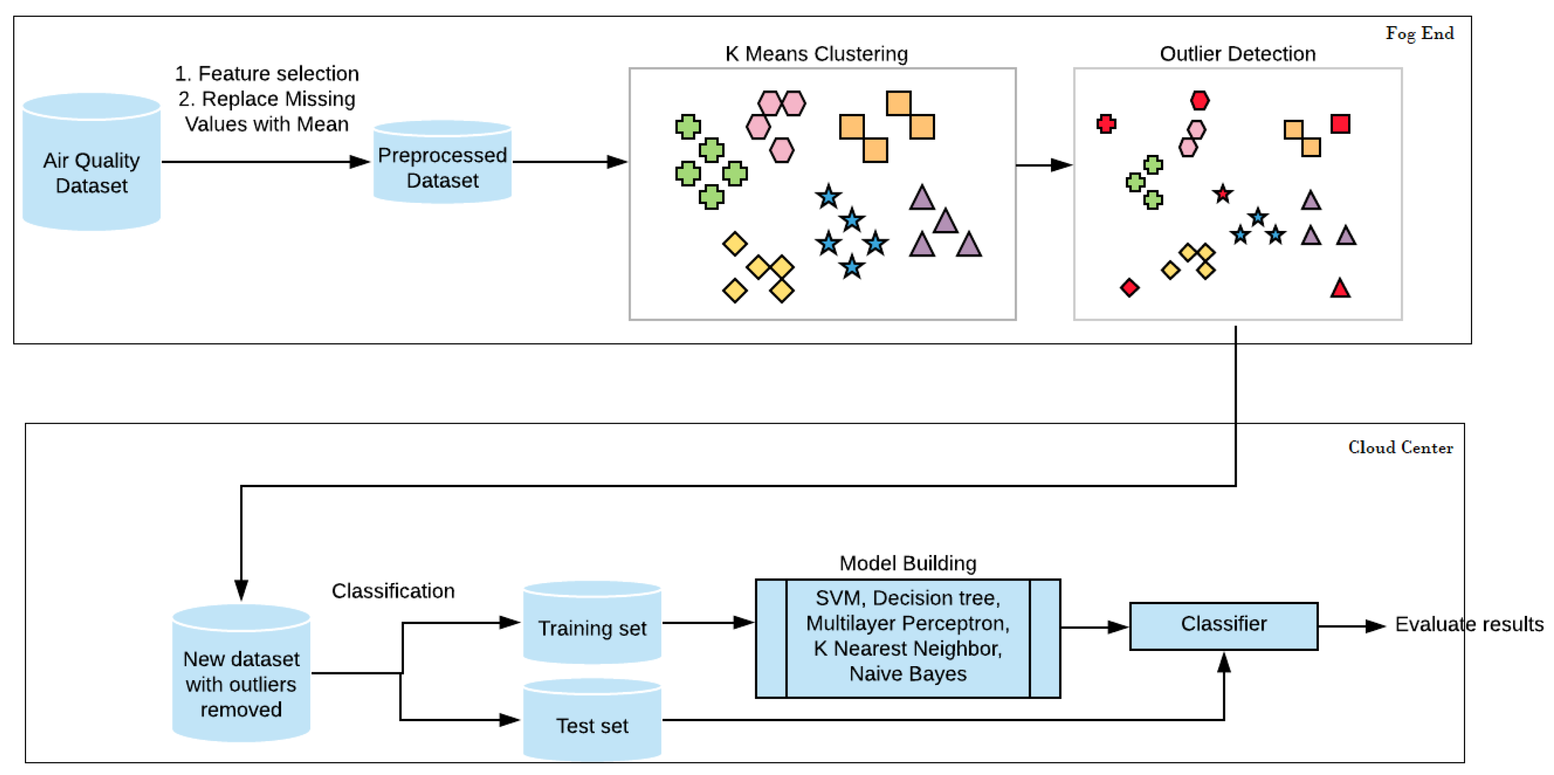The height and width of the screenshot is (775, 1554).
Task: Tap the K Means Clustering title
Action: (x=816, y=54)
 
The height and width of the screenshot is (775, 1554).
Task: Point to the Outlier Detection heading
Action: (x=1237, y=54)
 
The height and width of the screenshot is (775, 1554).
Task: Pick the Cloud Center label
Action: (x=1400, y=447)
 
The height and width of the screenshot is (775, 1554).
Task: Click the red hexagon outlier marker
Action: (x=1199, y=100)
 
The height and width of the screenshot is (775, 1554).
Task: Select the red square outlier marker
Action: (x=1340, y=124)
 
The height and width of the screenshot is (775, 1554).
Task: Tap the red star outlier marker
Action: (x=1222, y=194)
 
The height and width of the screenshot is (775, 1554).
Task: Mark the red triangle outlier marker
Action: (x=1340, y=289)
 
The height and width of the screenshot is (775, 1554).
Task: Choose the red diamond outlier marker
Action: (x=1129, y=288)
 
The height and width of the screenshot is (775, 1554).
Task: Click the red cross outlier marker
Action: (x=1106, y=124)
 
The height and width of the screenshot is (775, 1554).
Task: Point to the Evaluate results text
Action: (x=1469, y=624)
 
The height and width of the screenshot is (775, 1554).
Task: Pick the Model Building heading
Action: (x=907, y=564)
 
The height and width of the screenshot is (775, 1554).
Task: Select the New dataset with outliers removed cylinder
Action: (x=241, y=675)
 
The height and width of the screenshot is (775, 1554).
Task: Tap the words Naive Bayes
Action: (x=907, y=674)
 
